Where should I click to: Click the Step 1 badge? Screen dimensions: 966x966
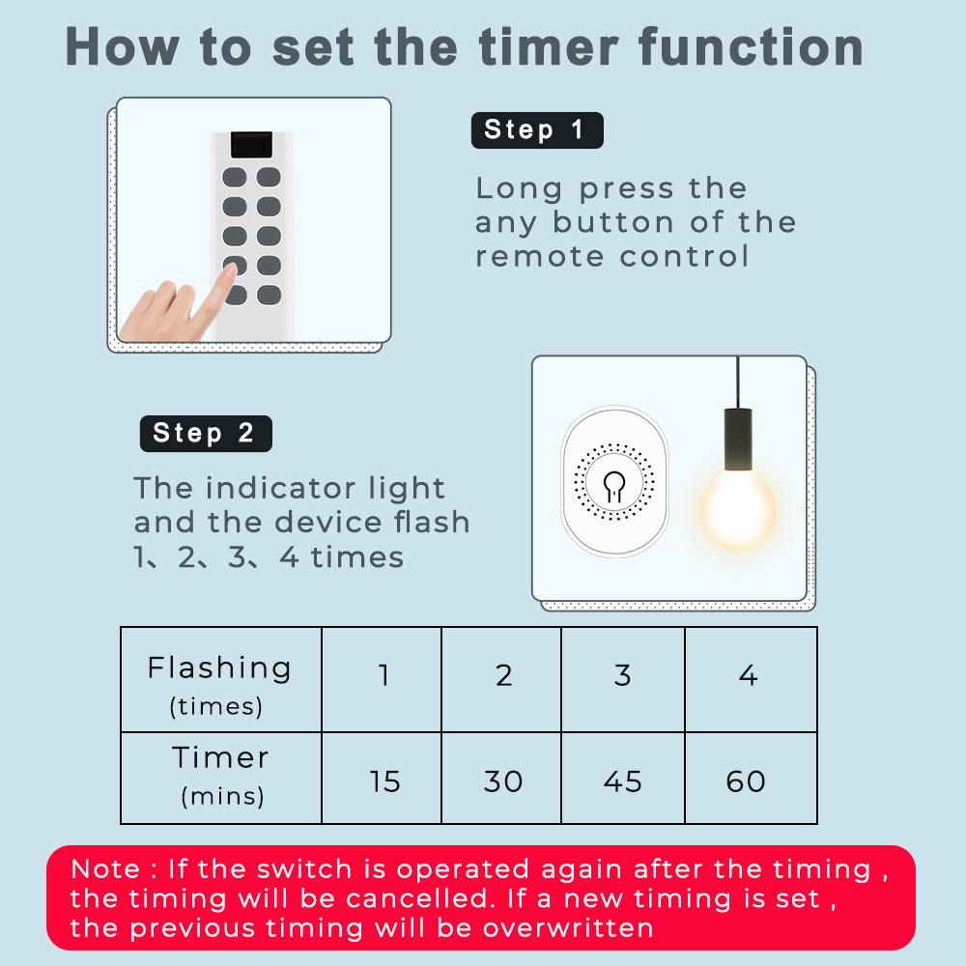[537, 130]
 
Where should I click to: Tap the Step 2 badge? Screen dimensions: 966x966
[206, 433]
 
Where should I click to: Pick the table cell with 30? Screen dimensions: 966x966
[501, 778]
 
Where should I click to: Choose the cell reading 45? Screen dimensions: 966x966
[623, 778]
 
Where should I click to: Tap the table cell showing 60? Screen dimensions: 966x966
[751, 778]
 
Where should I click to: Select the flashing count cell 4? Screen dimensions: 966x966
[751, 679]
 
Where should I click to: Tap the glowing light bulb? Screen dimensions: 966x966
[738, 509]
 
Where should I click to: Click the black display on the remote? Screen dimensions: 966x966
[251, 145]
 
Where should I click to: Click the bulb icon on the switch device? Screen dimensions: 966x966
[614, 486]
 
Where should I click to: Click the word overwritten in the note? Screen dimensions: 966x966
[567, 927]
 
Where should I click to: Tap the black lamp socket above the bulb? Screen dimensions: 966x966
[737, 439]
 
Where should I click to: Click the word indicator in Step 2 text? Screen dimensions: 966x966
[280, 489]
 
